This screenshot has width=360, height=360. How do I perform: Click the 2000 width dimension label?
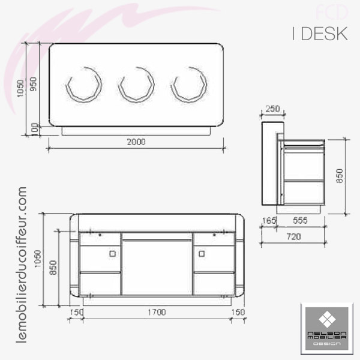tap(136, 142)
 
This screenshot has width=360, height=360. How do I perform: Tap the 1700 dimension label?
tap(157, 312)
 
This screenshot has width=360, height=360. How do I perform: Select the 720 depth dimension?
tap(293, 236)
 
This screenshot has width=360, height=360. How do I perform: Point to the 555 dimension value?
tap(300, 221)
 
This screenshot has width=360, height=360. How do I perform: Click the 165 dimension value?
tap(269, 221)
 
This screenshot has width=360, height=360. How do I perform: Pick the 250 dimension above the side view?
tap(273, 109)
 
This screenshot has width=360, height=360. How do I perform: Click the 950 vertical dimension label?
tap(34, 84)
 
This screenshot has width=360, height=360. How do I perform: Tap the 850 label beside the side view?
tap(340, 176)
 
